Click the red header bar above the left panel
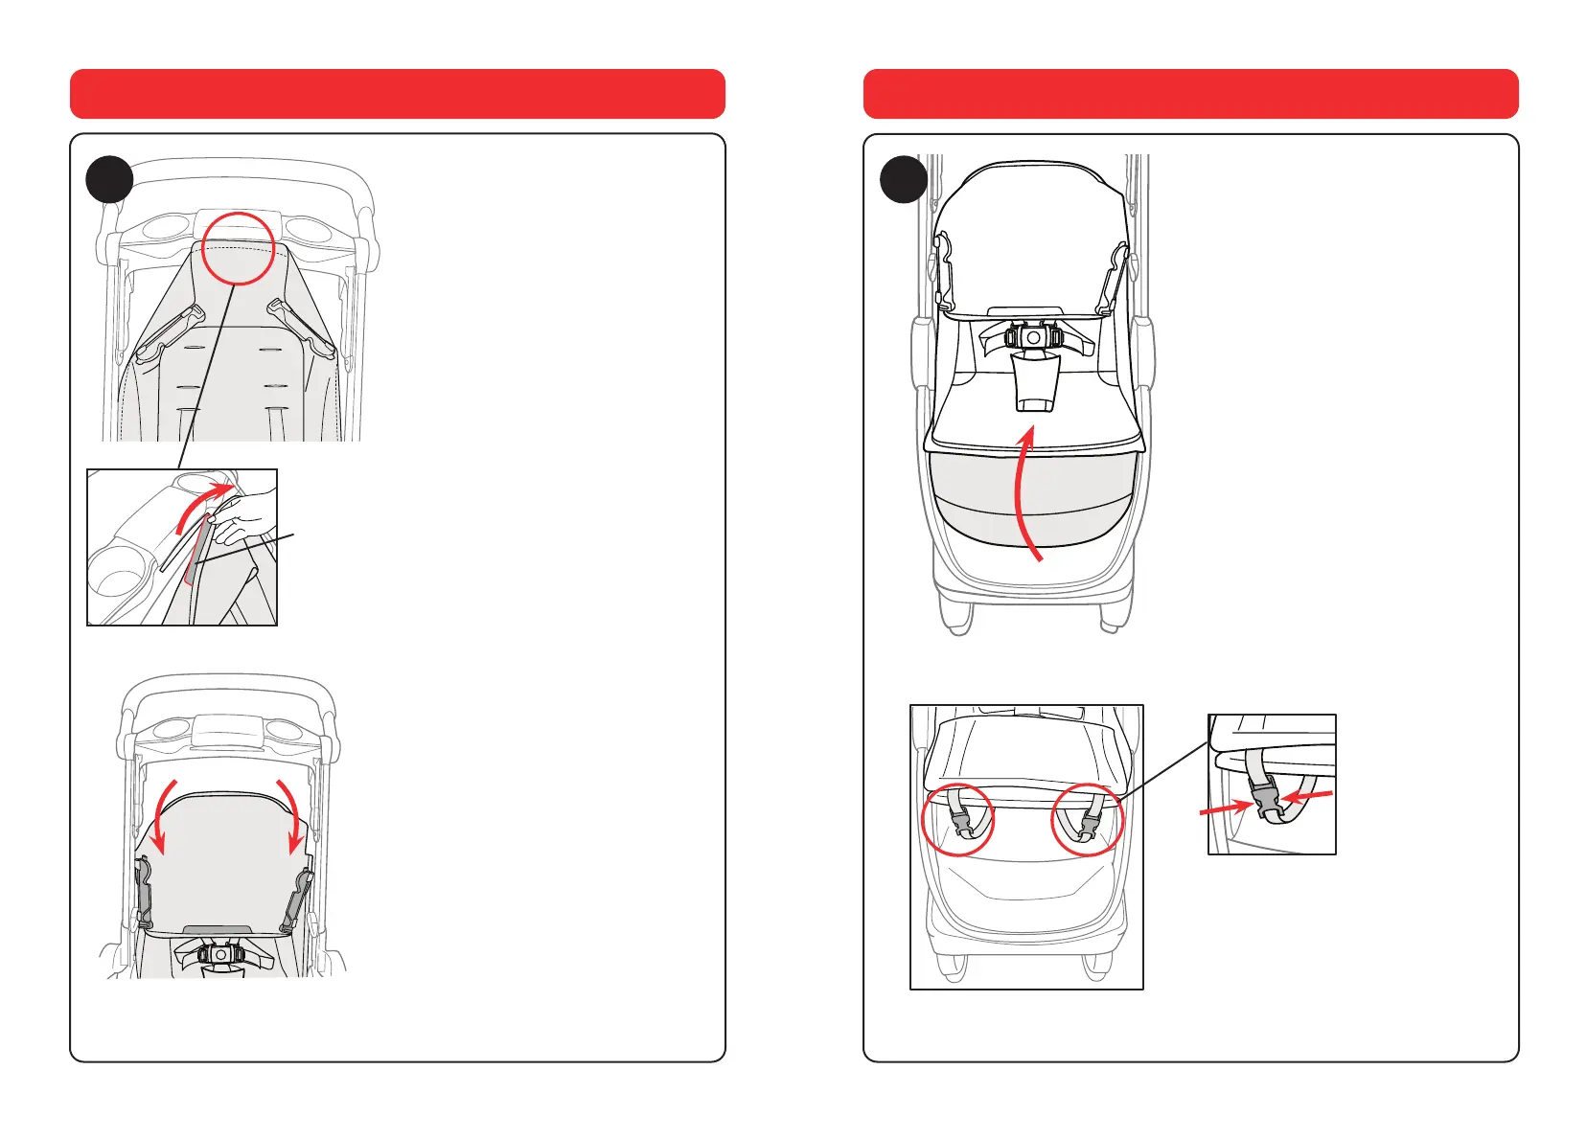[x=397, y=94]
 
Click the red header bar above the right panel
[x=1190, y=94]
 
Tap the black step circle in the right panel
[x=904, y=180]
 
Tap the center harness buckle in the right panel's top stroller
[x=1033, y=338]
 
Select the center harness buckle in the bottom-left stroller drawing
[x=220, y=954]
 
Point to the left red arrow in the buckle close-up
[x=1227, y=808]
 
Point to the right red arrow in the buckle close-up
[x=1307, y=795]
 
